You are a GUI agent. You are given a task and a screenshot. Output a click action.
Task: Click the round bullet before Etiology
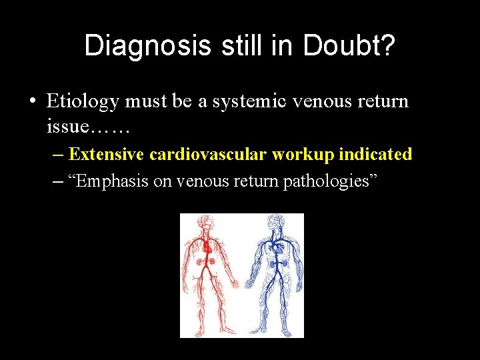tap(33, 101)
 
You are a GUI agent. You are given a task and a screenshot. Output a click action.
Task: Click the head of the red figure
tap(207, 223)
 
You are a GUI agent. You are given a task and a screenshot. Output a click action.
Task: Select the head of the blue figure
tap(274, 221)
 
